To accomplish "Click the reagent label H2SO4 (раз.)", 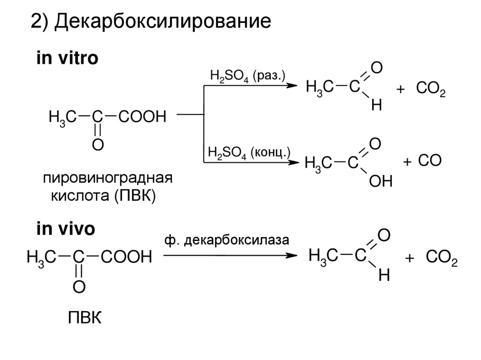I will click(246, 77).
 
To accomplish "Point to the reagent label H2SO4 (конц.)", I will click(248, 153).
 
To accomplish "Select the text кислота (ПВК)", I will click(102, 196).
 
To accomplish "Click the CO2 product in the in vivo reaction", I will click(441, 258).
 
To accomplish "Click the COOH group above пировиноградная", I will click(142, 116).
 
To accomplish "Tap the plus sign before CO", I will click(407, 162).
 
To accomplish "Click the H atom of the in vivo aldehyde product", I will click(384, 276).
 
